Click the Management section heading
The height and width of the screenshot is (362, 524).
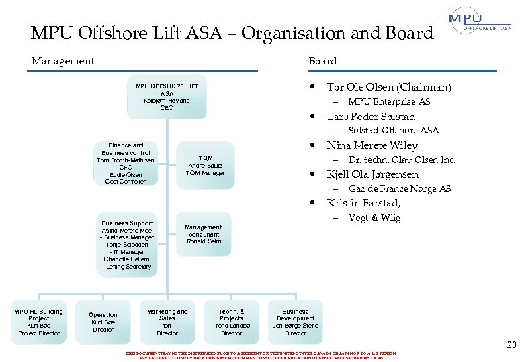coord(62,61)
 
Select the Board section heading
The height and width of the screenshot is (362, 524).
coord(322,61)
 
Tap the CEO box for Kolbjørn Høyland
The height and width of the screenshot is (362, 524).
coord(167,97)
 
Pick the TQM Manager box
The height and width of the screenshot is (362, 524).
coord(206,166)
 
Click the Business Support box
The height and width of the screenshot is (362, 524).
coord(127,245)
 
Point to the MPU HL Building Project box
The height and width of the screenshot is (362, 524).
coord(39,322)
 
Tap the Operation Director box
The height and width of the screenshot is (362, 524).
coord(103,322)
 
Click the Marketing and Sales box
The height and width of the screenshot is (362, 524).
coord(167,322)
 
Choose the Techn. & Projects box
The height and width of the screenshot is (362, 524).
coord(231,322)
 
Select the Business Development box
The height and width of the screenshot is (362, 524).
coord(296,322)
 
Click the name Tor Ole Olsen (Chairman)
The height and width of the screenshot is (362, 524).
coord(388,87)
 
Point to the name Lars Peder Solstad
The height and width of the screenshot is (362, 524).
coord(371,116)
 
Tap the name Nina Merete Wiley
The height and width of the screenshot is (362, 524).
coord(372,145)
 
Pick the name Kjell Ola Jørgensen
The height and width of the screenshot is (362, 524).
coord(372,174)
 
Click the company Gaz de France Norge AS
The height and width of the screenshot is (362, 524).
coord(399,189)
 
